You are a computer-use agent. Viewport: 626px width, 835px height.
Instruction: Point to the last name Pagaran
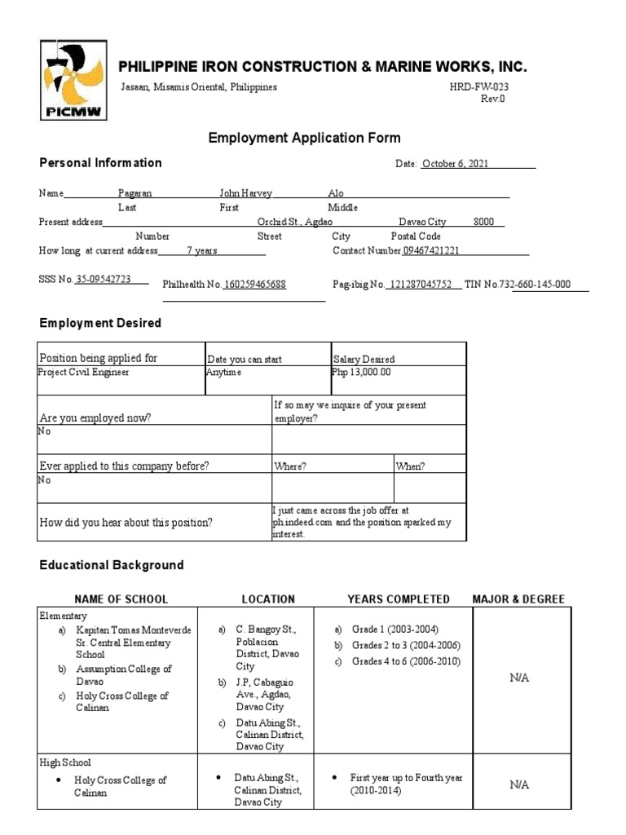[135, 193]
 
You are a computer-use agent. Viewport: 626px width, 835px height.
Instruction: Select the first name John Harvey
[245, 193]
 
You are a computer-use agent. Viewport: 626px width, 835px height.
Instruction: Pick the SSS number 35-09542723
[104, 279]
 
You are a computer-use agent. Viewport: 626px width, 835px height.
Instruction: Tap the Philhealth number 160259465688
[255, 285]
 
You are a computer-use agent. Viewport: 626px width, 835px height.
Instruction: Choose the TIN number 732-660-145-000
[541, 285]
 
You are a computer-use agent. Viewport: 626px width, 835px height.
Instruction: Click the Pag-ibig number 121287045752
[421, 285]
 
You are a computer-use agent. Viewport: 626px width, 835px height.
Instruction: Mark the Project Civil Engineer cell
[83, 372]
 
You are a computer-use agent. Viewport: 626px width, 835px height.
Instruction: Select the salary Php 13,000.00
[361, 372]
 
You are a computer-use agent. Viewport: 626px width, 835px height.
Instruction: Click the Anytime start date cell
[224, 372]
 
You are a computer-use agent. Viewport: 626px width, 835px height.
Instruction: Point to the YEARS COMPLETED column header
[399, 599]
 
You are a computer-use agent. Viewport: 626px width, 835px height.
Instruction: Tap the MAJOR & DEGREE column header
[518, 599]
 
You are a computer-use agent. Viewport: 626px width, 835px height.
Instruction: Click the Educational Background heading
[112, 565]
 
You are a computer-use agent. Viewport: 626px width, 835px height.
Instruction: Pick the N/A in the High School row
[519, 784]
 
